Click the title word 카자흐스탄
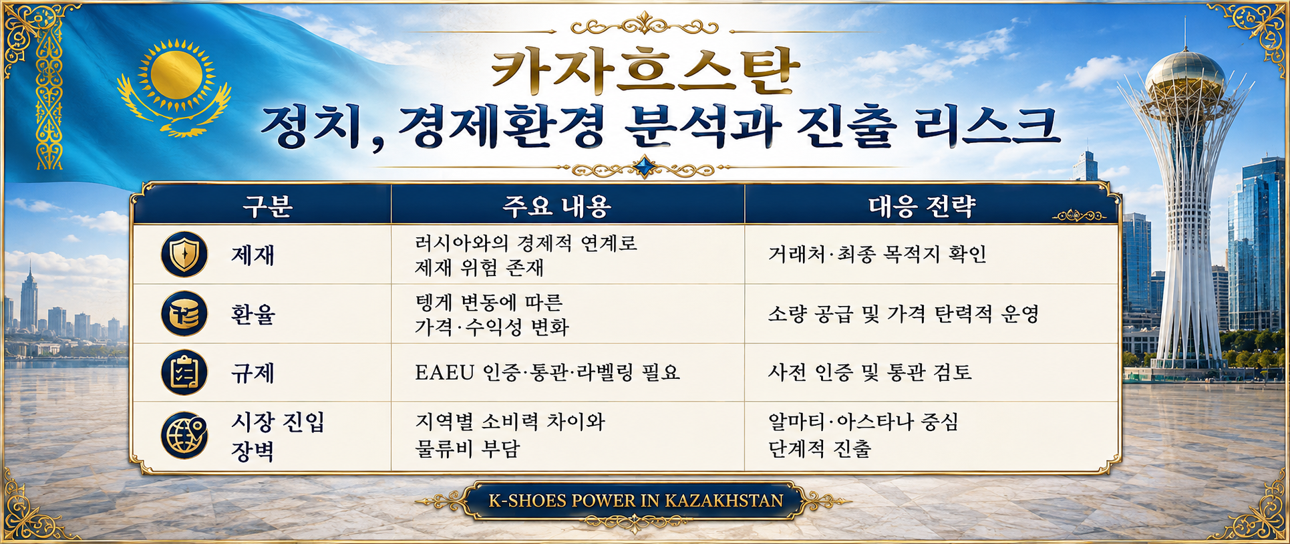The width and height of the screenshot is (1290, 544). click(x=645, y=71)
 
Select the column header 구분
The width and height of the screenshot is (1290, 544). click(x=268, y=207)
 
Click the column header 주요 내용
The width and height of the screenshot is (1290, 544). click(x=556, y=207)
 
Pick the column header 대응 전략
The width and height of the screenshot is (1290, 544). click(x=922, y=207)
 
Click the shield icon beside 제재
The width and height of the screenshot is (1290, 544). click(x=184, y=255)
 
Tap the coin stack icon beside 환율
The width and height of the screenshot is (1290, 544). click(x=184, y=313)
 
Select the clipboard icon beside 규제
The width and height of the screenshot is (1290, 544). click(x=184, y=372)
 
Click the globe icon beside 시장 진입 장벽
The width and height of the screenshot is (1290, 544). click(x=184, y=435)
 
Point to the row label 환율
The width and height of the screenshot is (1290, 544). click(x=253, y=314)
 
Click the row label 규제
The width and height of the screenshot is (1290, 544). click(x=253, y=373)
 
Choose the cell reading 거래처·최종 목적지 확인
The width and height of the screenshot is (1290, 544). click(x=877, y=254)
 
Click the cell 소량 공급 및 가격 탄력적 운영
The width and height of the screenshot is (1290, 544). click(x=903, y=313)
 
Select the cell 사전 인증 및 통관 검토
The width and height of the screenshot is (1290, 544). click(x=870, y=372)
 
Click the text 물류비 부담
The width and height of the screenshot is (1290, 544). click(x=467, y=448)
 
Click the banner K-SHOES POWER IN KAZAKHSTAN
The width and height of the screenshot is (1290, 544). click(x=635, y=501)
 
